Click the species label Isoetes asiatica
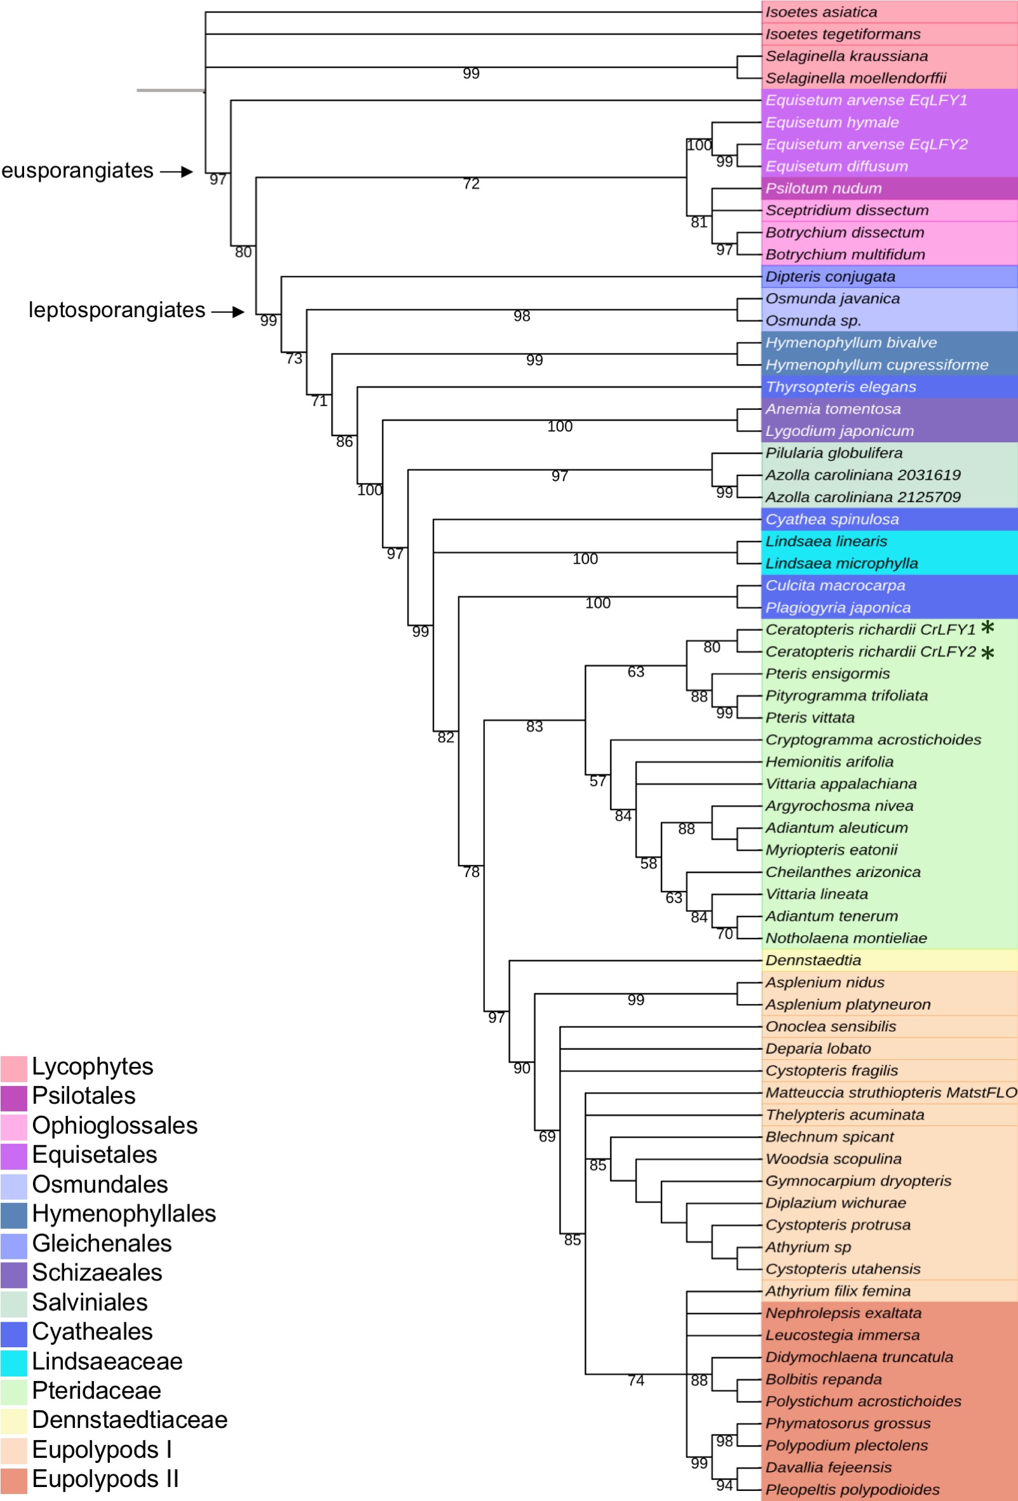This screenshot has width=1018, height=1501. pos(821,12)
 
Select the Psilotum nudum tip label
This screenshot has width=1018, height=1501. pos(824,189)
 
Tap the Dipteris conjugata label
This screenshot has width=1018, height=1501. pos(830,276)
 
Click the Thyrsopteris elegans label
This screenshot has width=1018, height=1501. pos(840,387)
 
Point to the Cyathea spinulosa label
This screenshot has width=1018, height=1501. pos(832,519)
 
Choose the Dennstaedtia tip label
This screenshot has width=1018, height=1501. pos(813,960)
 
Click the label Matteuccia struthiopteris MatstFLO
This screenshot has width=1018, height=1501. pos(891,1093)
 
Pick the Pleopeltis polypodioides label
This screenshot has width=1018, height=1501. pos(852,1490)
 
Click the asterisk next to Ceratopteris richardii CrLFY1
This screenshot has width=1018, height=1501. pos(987,628)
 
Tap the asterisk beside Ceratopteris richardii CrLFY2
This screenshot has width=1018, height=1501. pos(987,654)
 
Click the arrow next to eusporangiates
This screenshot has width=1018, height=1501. pos(177,172)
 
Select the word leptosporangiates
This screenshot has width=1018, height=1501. pos(117,310)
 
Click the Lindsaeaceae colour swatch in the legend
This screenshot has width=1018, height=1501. pos(13,1361)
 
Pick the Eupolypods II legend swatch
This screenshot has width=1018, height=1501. pos(13,1479)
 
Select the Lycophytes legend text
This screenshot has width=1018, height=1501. pos(92,1066)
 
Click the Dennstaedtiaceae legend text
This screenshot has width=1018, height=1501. pos(129,1420)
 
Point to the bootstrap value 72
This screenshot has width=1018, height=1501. pos(471,184)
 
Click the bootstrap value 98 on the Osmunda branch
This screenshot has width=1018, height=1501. pos(521,316)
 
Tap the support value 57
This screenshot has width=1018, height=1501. pos(597,782)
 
